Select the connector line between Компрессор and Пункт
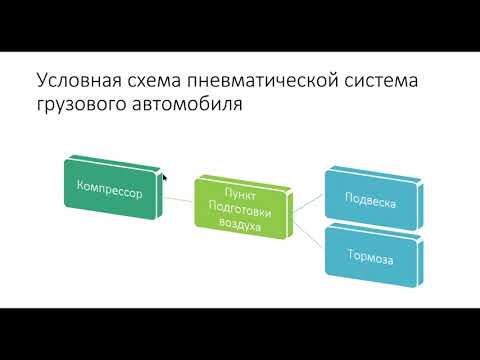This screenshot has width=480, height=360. tap(179, 201)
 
